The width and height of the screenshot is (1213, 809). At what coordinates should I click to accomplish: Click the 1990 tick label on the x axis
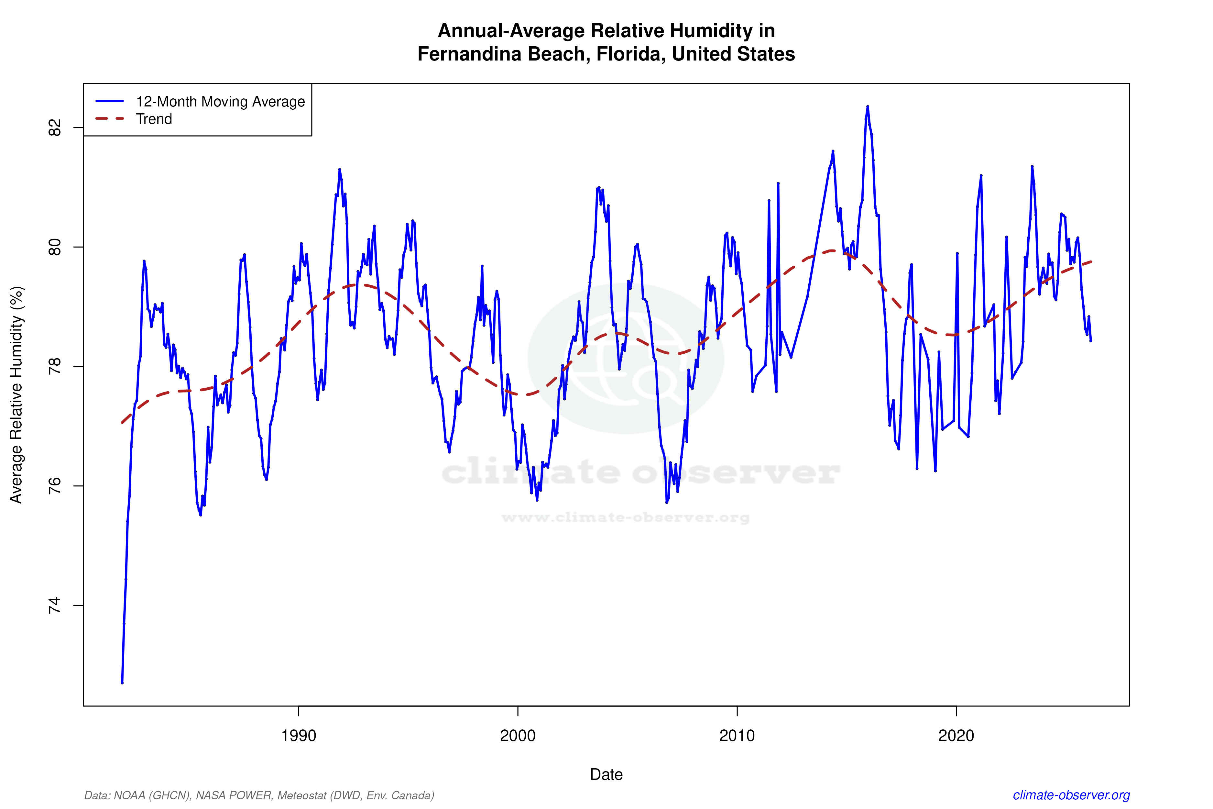coord(298,735)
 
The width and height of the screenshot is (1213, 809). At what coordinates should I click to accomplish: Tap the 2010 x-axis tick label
coord(737,735)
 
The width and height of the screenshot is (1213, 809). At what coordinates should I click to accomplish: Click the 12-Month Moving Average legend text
coord(220,102)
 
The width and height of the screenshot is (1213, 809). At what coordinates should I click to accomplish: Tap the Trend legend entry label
coord(154,119)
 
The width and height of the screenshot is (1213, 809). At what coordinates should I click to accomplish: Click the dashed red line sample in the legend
coord(110,119)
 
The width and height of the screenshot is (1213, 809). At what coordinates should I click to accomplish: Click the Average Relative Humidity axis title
coord(16,395)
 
